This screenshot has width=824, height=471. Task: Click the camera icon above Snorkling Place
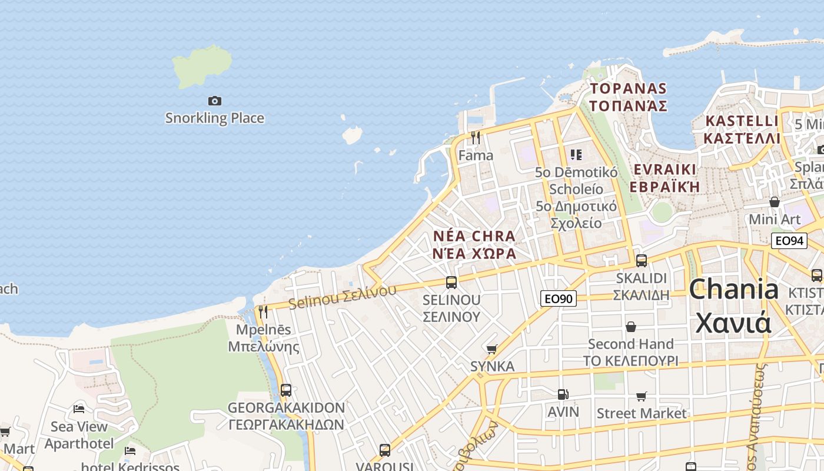215,101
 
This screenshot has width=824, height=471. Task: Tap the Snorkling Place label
214,118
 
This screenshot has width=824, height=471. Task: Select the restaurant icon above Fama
476,138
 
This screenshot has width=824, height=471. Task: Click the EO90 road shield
558,298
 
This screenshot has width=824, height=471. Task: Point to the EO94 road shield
789,240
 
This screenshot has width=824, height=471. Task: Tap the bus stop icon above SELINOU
451,282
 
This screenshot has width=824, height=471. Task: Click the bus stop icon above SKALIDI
641,260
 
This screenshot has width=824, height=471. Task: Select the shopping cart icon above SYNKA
492,349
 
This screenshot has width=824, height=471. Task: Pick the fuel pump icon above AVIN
563,394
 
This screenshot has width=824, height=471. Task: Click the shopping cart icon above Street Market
641,396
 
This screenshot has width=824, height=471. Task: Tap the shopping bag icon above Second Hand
631,326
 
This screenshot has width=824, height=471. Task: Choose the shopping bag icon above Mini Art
775,202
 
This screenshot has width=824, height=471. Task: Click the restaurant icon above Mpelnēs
263,311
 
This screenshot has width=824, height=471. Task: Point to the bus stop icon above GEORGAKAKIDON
286,390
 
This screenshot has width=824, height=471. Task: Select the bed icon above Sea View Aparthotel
79,409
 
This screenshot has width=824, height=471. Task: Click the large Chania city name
733,306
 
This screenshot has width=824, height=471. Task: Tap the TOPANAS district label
629,97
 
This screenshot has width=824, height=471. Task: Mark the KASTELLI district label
742,130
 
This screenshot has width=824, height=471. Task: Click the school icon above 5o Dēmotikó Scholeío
576,155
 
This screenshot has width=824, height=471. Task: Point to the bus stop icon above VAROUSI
384,450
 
